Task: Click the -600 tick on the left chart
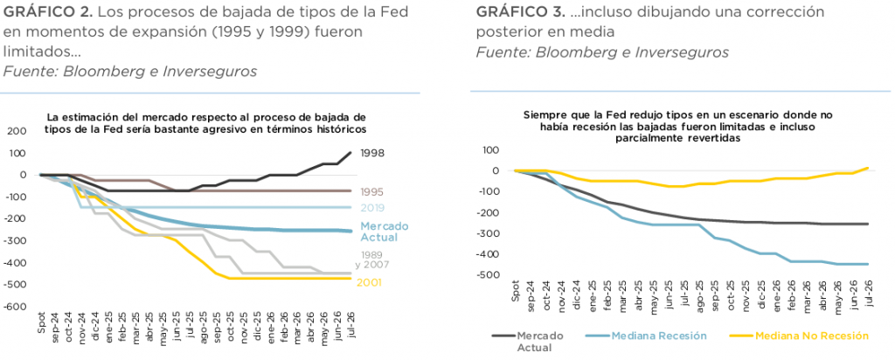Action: (17, 307)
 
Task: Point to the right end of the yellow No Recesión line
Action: (868, 168)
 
